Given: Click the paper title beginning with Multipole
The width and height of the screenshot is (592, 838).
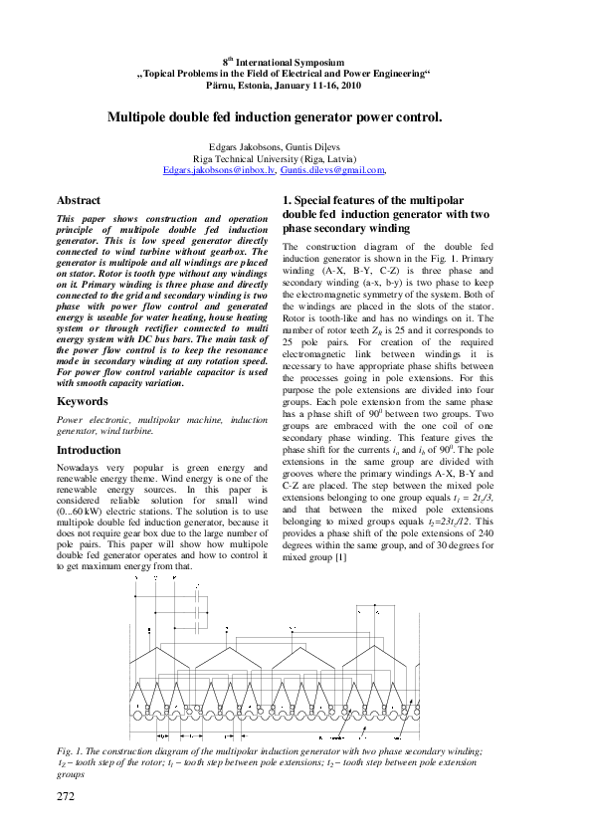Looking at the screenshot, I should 275,116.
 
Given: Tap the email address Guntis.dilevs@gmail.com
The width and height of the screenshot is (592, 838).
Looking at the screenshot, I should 332,171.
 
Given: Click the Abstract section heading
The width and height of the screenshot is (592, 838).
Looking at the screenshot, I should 79,200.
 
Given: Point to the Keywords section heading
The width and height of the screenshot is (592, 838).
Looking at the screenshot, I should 82,401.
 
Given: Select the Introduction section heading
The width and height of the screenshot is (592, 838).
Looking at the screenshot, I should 89,450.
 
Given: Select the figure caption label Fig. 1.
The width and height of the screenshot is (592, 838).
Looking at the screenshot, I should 72,750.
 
